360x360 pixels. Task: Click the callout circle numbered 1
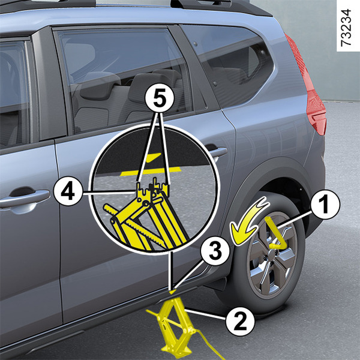[325, 205]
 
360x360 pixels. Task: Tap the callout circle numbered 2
[240, 322]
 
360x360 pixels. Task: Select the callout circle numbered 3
[215, 251]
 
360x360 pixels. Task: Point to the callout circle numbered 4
[68, 191]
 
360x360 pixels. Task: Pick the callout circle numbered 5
[160, 98]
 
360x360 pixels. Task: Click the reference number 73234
[346, 28]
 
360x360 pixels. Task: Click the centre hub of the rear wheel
[271, 256]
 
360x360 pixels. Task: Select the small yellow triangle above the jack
[173, 292]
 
